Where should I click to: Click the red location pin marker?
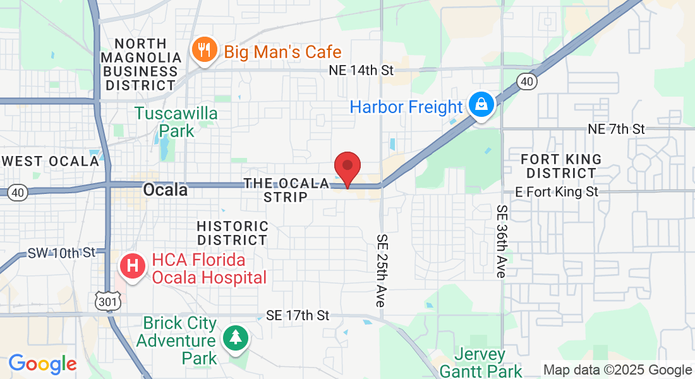tap(347, 168)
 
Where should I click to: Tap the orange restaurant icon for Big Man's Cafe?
tap(204, 51)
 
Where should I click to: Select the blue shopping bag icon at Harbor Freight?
tap(481, 106)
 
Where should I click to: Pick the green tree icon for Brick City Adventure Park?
tap(236, 337)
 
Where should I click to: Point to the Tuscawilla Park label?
tap(176, 122)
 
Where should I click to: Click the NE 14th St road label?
tap(361, 70)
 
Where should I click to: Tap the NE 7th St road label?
tap(616, 129)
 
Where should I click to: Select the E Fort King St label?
tap(557, 191)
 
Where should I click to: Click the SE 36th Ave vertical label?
tap(502, 241)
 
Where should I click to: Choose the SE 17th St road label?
tap(298, 315)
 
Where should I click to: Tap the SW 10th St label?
tap(61, 253)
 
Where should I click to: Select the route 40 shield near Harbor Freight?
tap(526, 81)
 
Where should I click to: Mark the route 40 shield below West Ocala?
tap(18, 193)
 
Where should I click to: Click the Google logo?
tap(42, 364)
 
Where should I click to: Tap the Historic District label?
tap(233, 233)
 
